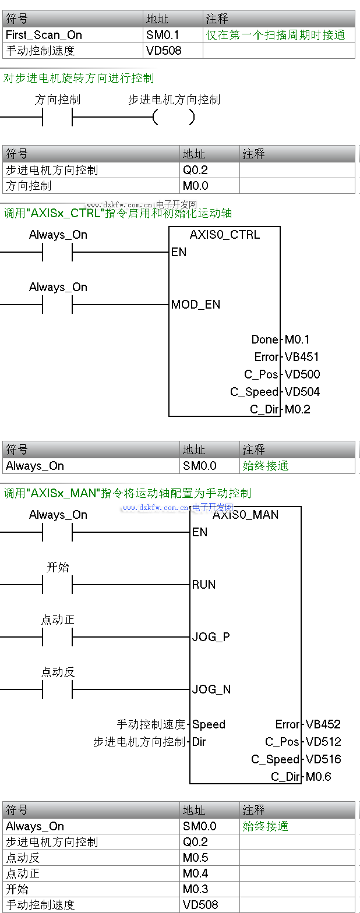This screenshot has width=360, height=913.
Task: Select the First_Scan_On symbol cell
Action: coord(44,35)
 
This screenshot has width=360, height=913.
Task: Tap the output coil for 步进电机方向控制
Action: coord(174,118)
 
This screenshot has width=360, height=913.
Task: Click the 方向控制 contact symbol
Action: coord(57,118)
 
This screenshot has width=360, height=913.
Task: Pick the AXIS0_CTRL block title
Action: coord(224,235)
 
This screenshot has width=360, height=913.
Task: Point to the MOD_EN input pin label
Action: coord(196,305)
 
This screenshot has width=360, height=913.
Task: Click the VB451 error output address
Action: coord(302,357)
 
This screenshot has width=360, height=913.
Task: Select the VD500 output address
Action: coord(302,374)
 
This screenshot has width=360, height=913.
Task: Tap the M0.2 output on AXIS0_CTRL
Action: coord(297,409)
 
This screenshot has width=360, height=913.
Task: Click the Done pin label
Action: coord(265,339)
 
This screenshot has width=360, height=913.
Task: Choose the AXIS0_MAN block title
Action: coord(246,515)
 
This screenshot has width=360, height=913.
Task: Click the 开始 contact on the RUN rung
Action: coord(57,585)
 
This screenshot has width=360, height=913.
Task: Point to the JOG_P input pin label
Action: coord(211,637)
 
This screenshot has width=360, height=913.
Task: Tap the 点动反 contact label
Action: coord(58,673)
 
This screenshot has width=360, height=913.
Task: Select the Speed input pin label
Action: coord(209,724)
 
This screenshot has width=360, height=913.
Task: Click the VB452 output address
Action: coord(323,724)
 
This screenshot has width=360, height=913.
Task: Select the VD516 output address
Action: coord(323,759)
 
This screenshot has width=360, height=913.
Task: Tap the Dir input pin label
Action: coord(199,742)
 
